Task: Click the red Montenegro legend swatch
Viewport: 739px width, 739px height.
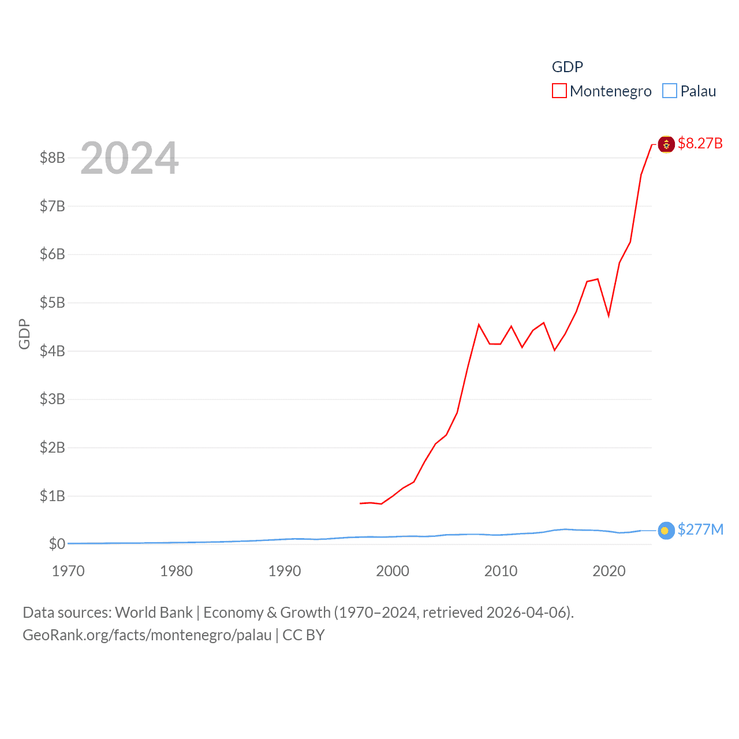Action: [x=559, y=91]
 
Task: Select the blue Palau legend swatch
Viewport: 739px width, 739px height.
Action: [x=669, y=91]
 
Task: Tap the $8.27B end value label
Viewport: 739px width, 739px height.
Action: [x=700, y=143]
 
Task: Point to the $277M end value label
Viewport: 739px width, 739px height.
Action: [x=700, y=529]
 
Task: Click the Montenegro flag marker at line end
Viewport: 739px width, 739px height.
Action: [x=666, y=144]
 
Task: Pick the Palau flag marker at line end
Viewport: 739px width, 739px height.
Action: [x=666, y=531]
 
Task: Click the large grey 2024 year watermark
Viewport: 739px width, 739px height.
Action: [x=129, y=158]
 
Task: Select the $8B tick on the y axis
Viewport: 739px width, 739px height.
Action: [x=52, y=158]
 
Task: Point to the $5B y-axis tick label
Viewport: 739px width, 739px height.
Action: [x=52, y=303]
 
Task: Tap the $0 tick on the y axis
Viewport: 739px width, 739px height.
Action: [x=57, y=544]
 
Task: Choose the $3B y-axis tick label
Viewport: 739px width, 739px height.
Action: [x=52, y=399]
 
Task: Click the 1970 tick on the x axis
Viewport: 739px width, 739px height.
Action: [x=68, y=571]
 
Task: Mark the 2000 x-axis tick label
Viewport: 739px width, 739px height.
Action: [x=393, y=571]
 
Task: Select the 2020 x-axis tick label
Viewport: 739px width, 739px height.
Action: [x=609, y=571]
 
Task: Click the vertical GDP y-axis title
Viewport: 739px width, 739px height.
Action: [x=24, y=334]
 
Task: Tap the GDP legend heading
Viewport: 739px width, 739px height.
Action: [x=568, y=67]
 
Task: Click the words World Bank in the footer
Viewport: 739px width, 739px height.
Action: [x=154, y=613]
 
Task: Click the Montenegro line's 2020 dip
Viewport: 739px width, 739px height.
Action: [x=609, y=315]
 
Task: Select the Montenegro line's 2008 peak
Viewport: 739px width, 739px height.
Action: [x=479, y=325]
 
